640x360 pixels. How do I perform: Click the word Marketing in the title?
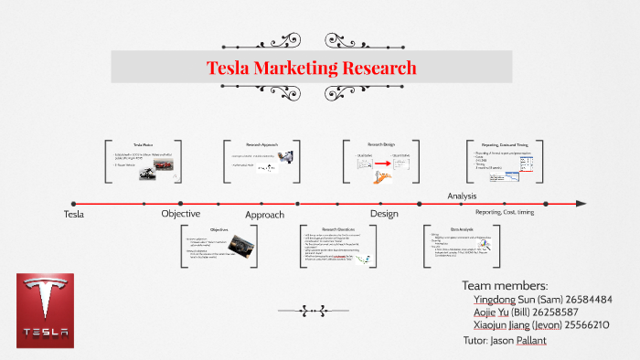click(x=303, y=68)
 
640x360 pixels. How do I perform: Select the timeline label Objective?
click(x=181, y=214)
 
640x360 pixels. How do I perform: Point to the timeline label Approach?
click(x=265, y=215)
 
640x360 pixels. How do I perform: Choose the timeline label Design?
click(x=384, y=214)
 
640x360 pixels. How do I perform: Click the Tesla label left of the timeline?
click(x=74, y=214)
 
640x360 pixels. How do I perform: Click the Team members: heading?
click(x=506, y=285)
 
